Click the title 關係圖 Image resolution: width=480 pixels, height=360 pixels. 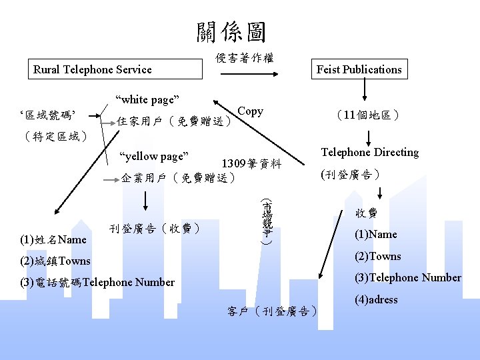[x=231, y=31]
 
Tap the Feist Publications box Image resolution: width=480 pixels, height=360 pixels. [x=359, y=69]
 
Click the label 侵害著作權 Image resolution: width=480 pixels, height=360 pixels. [x=244, y=59]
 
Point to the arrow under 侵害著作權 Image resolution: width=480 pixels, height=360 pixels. [x=244, y=75]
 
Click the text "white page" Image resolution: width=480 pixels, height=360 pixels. [x=147, y=100]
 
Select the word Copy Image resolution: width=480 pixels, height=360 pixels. [x=250, y=111]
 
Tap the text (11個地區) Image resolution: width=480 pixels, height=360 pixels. [x=368, y=115]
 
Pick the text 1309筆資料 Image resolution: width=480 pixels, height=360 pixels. [x=251, y=164]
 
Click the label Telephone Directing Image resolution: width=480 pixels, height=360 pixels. [x=369, y=152]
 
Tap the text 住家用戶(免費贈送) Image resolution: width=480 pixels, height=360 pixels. [x=174, y=122]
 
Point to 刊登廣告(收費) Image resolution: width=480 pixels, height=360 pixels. [x=155, y=229]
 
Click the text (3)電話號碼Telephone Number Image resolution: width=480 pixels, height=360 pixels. [x=97, y=282]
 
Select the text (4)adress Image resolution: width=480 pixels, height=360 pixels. [x=376, y=299]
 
